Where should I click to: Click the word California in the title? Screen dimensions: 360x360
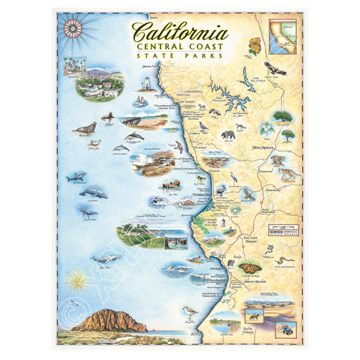coord(181,31)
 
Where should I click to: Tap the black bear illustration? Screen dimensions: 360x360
coord(227,136)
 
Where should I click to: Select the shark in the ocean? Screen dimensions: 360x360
coord(76,178)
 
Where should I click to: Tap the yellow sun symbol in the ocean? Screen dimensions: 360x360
coord(75,281)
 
